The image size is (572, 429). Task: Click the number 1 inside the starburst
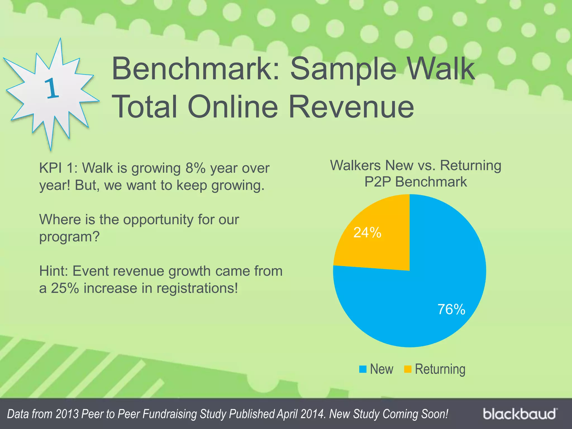52,89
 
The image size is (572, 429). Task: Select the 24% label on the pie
367,232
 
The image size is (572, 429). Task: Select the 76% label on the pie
451,309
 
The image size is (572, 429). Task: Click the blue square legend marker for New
363,369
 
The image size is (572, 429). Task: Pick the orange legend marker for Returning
407,369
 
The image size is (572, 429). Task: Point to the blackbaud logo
520,414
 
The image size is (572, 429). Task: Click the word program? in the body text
69,237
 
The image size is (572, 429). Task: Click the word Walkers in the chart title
355,165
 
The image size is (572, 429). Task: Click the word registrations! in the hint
197,288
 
